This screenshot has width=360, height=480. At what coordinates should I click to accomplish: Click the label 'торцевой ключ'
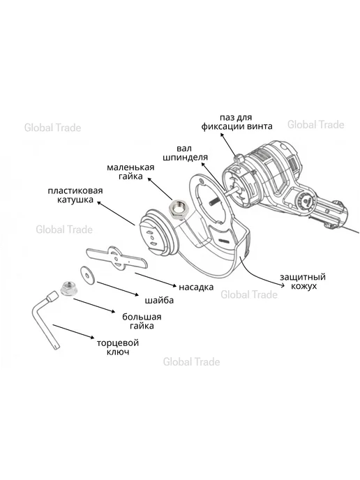pyautogui.click(x=118, y=347)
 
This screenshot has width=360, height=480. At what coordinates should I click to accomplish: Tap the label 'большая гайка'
pyautogui.click(x=142, y=321)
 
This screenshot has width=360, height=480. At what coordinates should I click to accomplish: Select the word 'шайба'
pyautogui.click(x=159, y=300)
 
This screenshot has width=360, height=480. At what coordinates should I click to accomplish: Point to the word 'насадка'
pyautogui.click(x=196, y=287)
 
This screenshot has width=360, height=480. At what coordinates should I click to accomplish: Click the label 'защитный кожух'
pyautogui.click(x=303, y=282)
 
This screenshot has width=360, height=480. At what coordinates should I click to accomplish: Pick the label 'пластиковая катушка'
pyautogui.click(x=75, y=195)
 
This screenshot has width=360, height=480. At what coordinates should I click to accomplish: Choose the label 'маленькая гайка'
pyautogui.click(x=130, y=172)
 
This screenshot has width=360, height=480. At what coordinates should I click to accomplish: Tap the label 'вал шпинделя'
pyautogui.click(x=185, y=153)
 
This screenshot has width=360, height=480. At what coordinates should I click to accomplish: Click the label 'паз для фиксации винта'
pyautogui.click(x=237, y=122)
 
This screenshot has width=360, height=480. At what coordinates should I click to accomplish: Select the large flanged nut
pyautogui.click(x=68, y=288)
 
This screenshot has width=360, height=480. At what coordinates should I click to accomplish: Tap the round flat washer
pyautogui.click(x=88, y=275)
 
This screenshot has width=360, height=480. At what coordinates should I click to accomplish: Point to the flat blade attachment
pyautogui.click(x=117, y=257)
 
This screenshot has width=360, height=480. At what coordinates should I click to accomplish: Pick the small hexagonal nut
pyautogui.click(x=179, y=209)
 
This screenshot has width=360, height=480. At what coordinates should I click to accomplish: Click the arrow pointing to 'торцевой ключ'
pyautogui.click(x=73, y=331)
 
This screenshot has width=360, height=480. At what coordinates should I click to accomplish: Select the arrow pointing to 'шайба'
pyautogui.click(x=118, y=289)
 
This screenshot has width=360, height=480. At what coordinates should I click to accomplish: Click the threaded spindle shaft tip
pyautogui.click(x=213, y=203)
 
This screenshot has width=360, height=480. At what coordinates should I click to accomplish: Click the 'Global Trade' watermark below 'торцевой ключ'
pyautogui.click(x=191, y=362)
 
